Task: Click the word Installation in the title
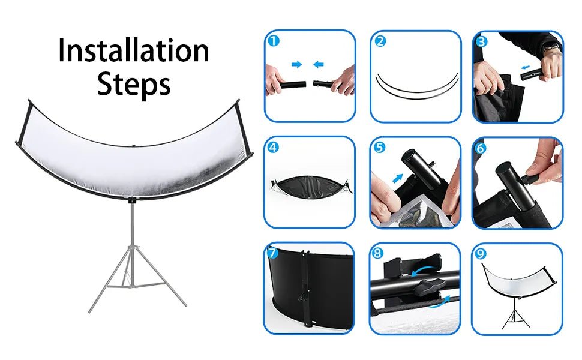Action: coord(134,50)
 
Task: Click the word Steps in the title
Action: coord(134,84)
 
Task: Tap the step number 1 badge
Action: coord(274,40)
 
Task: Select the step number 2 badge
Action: coord(380,41)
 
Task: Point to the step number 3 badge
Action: coord(482,41)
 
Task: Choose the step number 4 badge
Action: coord(273,147)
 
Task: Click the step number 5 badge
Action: coord(379,147)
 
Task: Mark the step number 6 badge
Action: coord(481,148)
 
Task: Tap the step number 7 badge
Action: coord(272,253)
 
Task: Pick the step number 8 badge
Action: coord(377,253)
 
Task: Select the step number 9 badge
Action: coord(481,253)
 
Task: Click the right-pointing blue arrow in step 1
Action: coord(296,65)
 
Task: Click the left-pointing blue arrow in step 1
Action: coord(319,65)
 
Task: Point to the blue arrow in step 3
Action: coord(525,67)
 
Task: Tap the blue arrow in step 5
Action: coord(398,178)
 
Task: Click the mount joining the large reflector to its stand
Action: coord(132,201)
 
